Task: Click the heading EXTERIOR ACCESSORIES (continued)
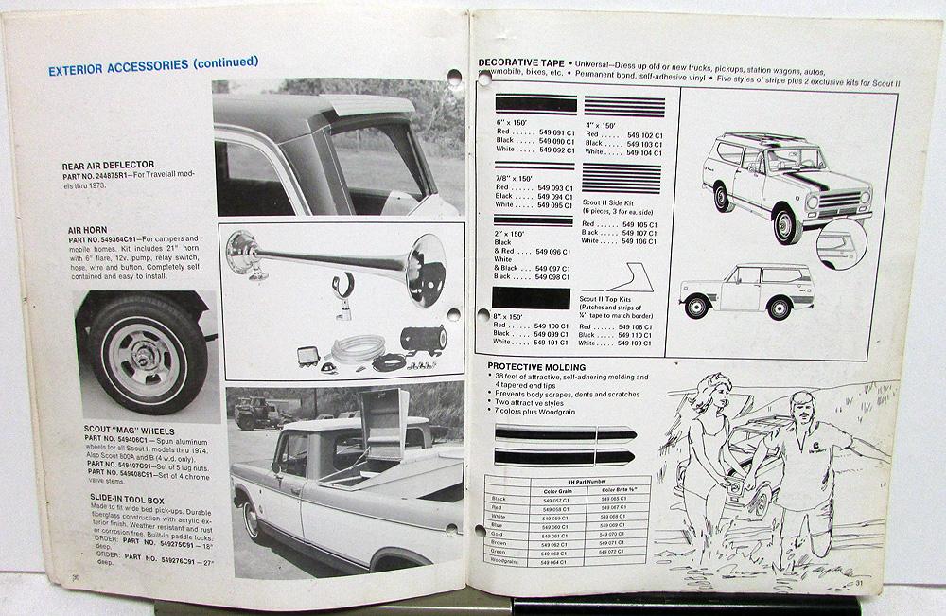click(x=152, y=64)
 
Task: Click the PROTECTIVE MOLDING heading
click(x=536, y=367)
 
